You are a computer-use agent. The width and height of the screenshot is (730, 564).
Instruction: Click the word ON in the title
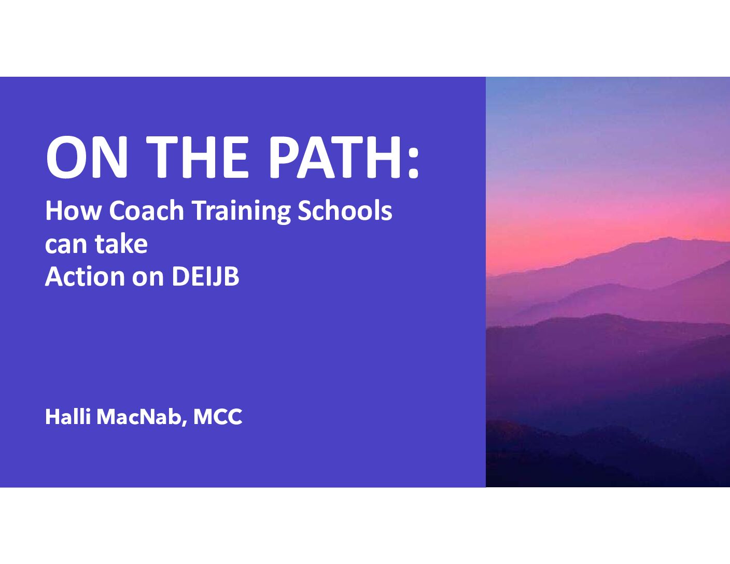pyautogui.click(x=87, y=157)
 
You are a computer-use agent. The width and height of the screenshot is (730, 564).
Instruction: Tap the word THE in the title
pyautogui.click(x=198, y=157)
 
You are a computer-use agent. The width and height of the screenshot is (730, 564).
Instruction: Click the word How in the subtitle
pyautogui.click(x=73, y=210)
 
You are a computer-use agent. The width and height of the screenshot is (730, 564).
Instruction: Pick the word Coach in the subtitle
pyautogui.click(x=147, y=210)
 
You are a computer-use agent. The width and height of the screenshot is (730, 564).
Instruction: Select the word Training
pyautogui.click(x=241, y=212)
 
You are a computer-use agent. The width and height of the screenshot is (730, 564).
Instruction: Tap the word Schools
pyautogui.click(x=345, y=210)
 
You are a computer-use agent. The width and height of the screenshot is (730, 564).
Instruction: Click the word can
pyautogui.click(x=65, y=245)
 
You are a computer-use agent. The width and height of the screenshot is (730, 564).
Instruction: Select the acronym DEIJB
pyautogui.click(x=205, y=277)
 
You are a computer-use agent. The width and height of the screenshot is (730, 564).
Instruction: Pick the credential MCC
pyautogui.click(x=218, y=417)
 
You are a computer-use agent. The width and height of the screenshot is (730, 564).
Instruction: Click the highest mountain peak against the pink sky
pyautogui.click(x=668, y=238)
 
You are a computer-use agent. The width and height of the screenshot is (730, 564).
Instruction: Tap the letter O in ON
pyautogui.click(x=66, y=157)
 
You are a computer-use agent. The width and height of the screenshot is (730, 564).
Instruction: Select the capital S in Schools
pyautogui.click(x=304, y=210)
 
